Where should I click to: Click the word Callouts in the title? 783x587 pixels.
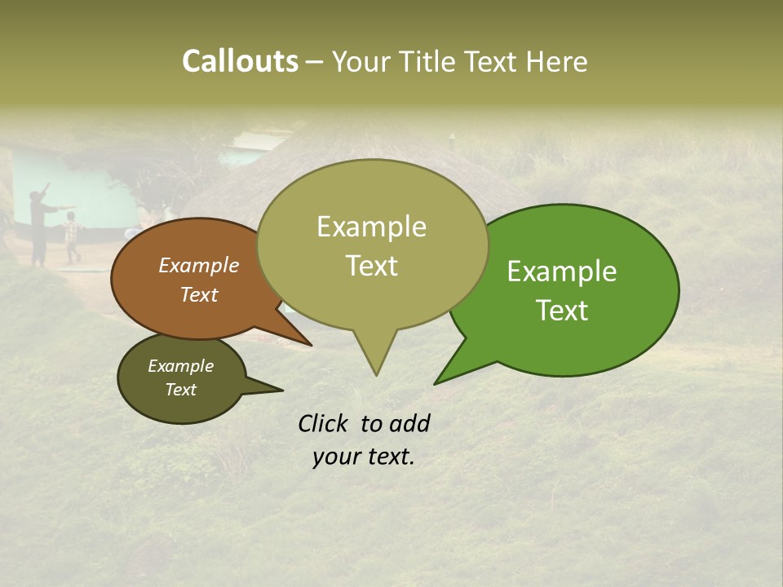240,61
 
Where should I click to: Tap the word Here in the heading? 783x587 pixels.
557,61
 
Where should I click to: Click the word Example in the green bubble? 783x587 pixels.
562,271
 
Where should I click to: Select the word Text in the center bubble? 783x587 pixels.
372,266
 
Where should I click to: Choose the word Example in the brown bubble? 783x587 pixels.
199,265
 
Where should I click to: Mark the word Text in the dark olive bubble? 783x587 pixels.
181,390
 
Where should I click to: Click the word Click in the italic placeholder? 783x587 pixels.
324,423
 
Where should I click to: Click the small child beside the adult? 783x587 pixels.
72,236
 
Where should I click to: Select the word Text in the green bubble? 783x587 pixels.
563,311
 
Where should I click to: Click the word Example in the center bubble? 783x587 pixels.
371,227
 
